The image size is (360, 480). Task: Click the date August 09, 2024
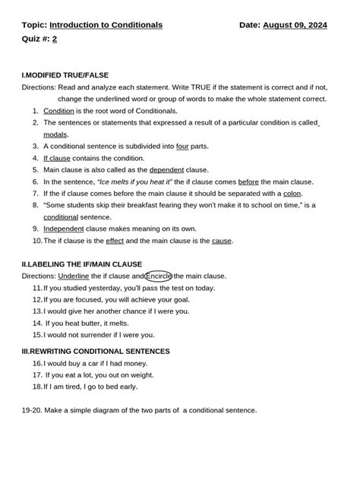pyautogui.click(x=295, y=25)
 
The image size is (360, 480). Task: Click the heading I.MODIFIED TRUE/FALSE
pyautogui.click(x=65, y=76)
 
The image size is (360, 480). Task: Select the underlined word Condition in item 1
pyautogui.click(x=58, y=111)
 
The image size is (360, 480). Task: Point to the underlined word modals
pyautogui.click(x=55, y=134)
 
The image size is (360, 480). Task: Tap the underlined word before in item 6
pyautogui.click(x=227, y=182)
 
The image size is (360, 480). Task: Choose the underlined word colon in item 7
pyautogui.click(x=292, y=194)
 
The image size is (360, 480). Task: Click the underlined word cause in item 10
pyautogui.click(x=222, y=241)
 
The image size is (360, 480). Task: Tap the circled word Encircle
pyautogui.click(x=159, y=276)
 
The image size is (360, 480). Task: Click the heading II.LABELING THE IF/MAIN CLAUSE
pyautogui.click(x=81, y=264)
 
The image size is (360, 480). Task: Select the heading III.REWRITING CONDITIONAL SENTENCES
pyautogui.click(x=96, y=352)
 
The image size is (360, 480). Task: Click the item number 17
pyautogui.click(x=36, y=374)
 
